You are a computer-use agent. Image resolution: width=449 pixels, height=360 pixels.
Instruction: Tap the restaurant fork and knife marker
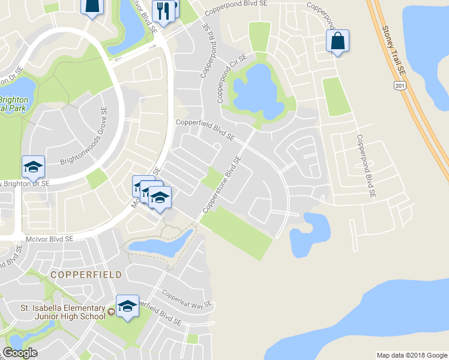pos(161,10)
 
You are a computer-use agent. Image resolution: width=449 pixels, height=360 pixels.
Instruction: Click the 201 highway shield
pos(399,86)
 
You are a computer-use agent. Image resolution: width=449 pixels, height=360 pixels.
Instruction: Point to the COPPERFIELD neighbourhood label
pos(86,275)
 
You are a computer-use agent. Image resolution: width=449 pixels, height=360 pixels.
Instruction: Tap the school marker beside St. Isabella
pos(127,307)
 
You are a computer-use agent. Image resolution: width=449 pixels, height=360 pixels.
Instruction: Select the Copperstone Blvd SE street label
pos(222,184)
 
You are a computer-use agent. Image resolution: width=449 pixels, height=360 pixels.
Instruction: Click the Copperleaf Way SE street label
pos(187,299)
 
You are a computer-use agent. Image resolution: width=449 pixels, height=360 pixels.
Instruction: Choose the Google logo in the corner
pos(20,353)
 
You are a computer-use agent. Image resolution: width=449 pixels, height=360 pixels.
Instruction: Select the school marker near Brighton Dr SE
pos(34,167)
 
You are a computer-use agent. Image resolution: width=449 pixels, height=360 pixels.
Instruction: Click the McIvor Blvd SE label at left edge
pos(49,239)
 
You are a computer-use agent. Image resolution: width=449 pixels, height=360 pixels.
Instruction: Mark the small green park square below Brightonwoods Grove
pos(96,178)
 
